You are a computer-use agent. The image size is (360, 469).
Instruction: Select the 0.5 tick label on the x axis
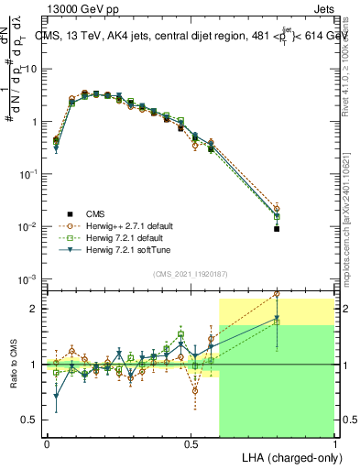coord(191,442)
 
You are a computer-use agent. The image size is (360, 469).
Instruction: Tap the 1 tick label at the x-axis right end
coord(333,442)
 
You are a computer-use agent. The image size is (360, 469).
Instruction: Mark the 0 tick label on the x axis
coord(47,442)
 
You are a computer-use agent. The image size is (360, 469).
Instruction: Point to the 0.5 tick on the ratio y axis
coord(27,420)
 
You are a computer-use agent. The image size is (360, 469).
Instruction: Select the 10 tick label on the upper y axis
coord(28,69)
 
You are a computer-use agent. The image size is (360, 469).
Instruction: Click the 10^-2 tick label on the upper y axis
coord(27,226)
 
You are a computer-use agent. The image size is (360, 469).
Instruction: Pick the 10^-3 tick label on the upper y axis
coord(27,278)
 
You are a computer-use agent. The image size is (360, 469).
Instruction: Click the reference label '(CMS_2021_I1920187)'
coord(190,273)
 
